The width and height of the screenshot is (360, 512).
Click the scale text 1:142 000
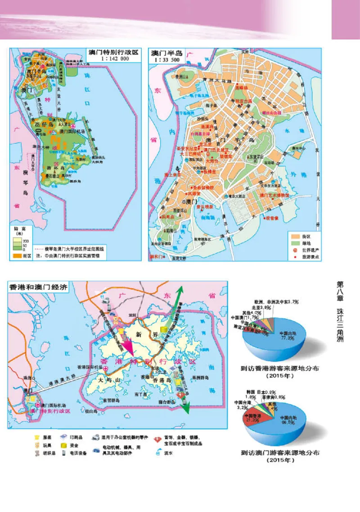[x=112, y=58]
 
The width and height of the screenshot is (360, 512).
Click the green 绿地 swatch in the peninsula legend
[x=295, y=243]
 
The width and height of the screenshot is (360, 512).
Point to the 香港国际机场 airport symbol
[x=106, y=368]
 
